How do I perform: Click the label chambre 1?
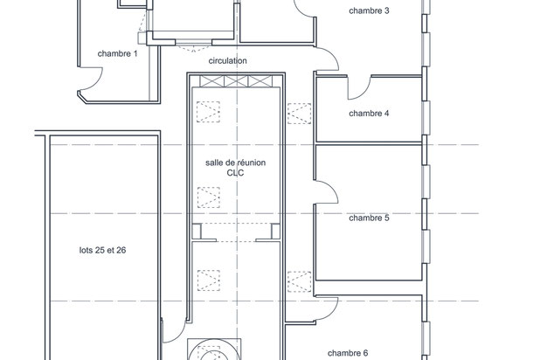(x=117, y=54)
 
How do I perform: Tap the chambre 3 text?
(x=369, y=11)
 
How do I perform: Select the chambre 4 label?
(x=369, y=114)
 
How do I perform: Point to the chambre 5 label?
(x=369, y=218)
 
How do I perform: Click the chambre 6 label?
(x=348, y=353)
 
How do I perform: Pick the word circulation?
(x=228, y=61)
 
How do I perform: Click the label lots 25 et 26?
(x=102, y=250)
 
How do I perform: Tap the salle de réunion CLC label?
(x=236, y=168)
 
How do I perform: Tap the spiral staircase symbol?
(x=214, y=350)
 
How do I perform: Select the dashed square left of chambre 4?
(x=300, y=114)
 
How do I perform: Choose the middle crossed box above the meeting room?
(x=236, y=81)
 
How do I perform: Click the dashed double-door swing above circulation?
(x=194, y=46)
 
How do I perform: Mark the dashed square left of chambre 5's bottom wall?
(x=300, y=282)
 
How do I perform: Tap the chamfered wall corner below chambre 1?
(x=82, y=97)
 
